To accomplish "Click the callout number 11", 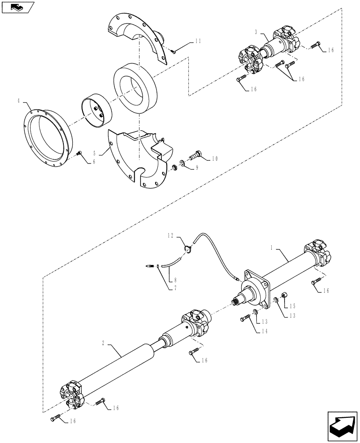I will click(198, 41).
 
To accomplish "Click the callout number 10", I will click(215, 158).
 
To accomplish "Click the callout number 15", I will click(291, 306).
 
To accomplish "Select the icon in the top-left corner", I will click(18, 7).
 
